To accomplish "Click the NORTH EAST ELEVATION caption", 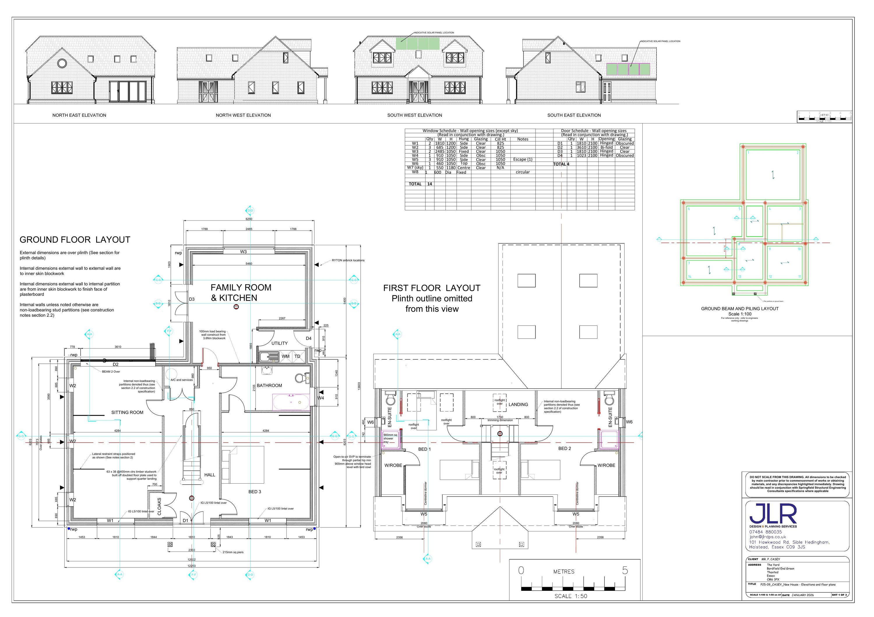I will click(x=79, y=115).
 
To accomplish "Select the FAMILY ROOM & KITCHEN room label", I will click(x=241, y=293).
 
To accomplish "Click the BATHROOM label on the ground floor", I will click(x=269, y=385).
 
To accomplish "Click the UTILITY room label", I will click(x=279, y=343).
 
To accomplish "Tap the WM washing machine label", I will click(x=286, y=356).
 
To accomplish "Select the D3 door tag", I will click(x=192, y=299).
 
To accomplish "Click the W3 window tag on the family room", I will click(x=243, y=252).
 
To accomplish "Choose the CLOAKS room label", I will click(x=159, y=507).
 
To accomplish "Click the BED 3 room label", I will click(x=255, y=492).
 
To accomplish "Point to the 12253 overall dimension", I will click(x=191, y=566).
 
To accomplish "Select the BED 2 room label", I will click(x=565, y=448).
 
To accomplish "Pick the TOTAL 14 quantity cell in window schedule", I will click(x=429, y=184).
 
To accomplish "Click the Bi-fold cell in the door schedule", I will click(x=606, y=147).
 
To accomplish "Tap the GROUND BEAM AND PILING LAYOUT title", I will click(x=740, y=309).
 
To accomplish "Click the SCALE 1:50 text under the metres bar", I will click(x=571, y=596).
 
